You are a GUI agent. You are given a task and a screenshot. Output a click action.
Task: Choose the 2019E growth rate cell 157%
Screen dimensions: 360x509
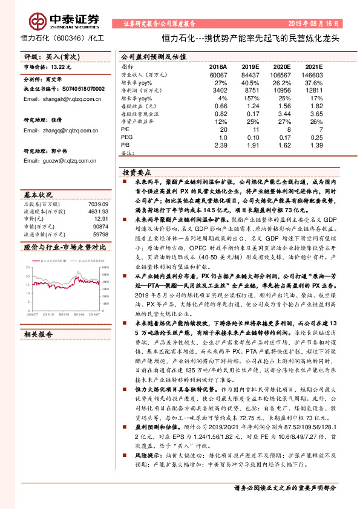[250, 97]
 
